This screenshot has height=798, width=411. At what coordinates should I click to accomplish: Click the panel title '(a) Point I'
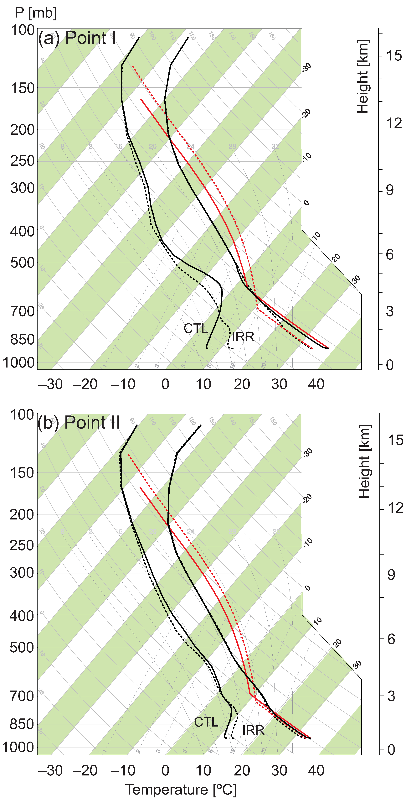77,38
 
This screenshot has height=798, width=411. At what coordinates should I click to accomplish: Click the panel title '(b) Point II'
79,423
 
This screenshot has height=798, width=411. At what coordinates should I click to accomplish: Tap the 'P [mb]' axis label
36,13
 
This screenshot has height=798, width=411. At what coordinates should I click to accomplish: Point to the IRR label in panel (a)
243,337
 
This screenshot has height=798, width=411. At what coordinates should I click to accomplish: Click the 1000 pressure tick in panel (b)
18,748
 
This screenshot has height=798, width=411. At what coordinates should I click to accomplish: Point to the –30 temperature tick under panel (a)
50,384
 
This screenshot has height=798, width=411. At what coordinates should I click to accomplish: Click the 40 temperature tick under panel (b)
316,770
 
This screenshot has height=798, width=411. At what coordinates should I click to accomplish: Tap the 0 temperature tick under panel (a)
165,384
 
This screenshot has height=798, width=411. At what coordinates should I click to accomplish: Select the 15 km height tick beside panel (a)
394,56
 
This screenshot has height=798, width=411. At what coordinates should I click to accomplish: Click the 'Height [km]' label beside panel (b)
365,461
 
